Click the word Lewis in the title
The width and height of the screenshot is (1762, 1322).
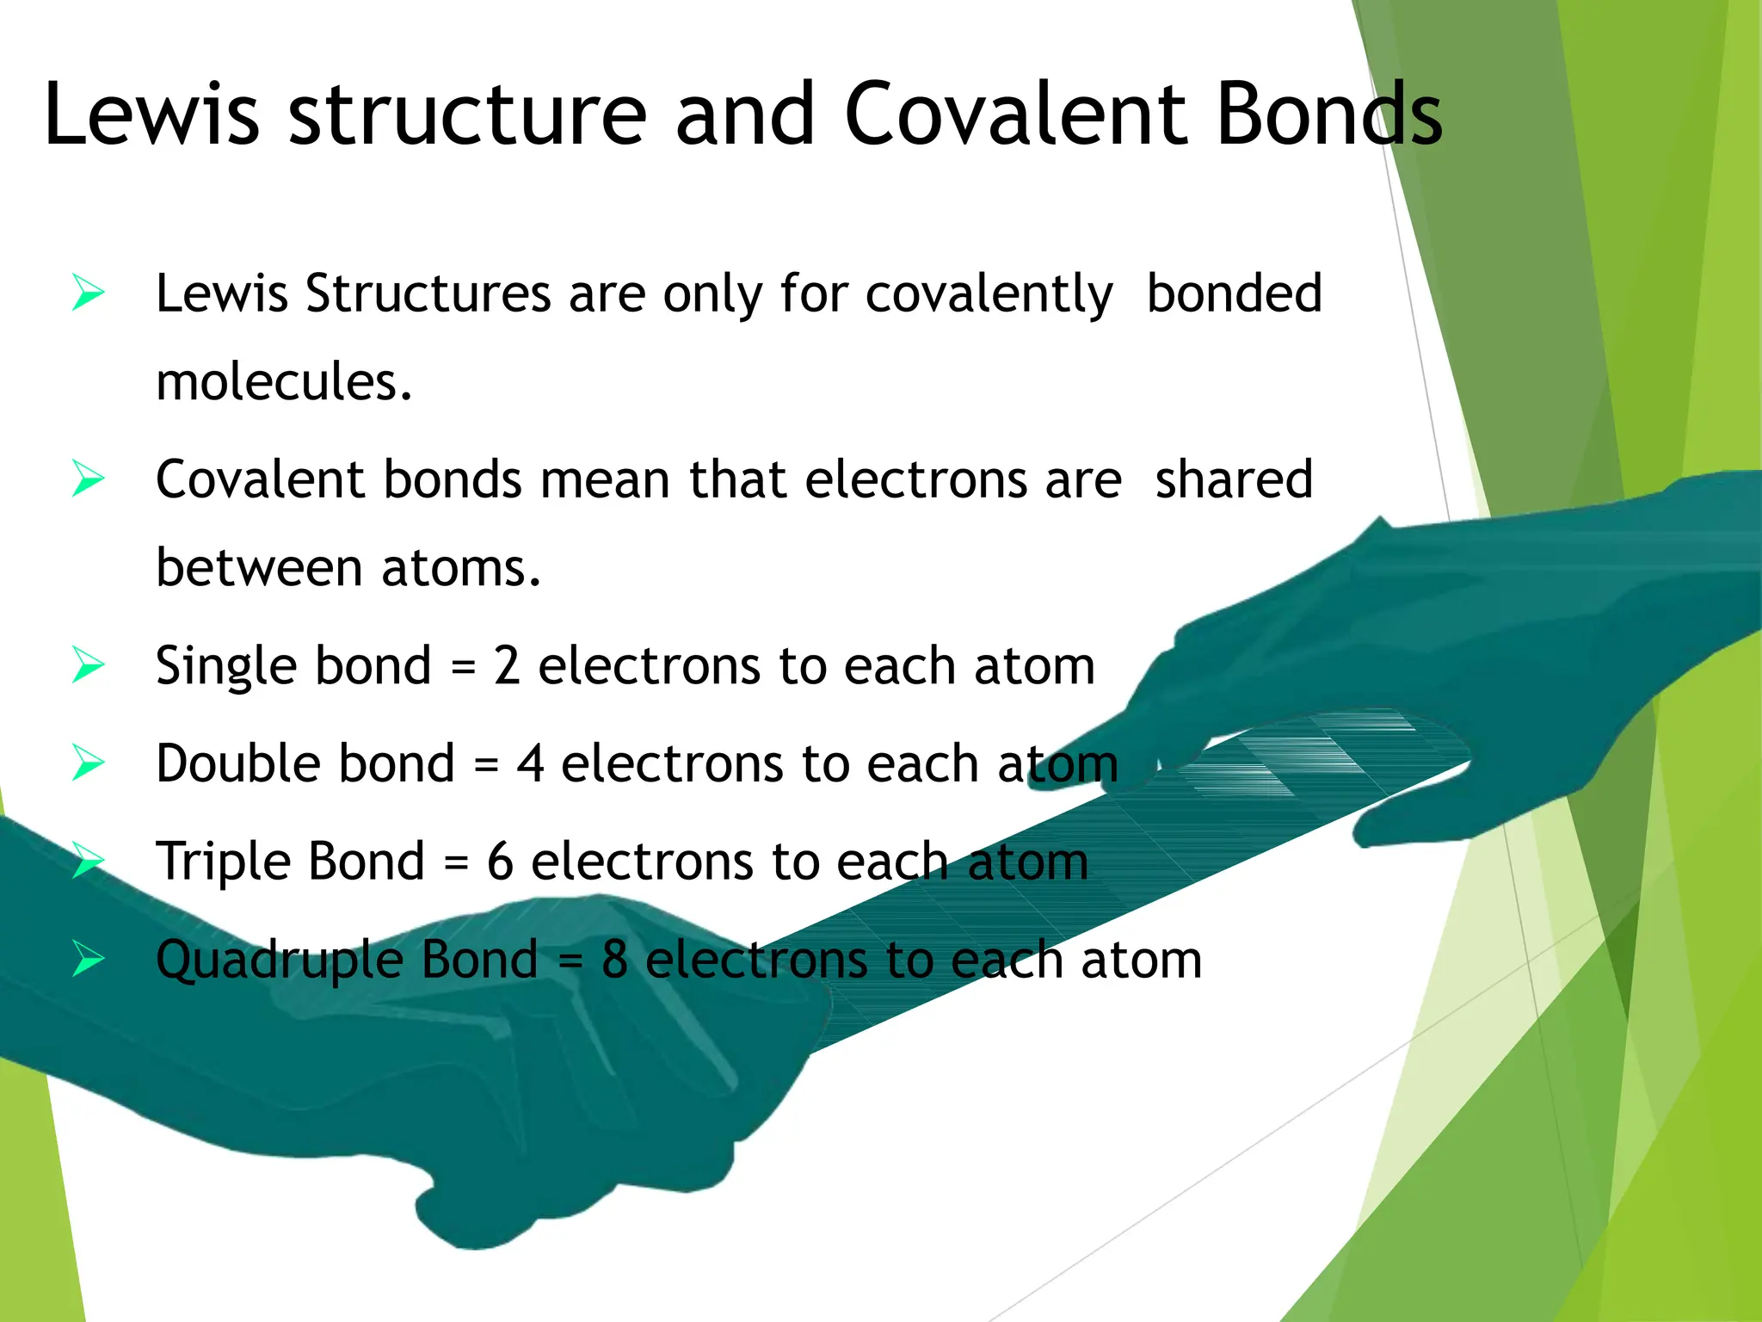(151, 114)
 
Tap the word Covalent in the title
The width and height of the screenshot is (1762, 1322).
(1016, 114)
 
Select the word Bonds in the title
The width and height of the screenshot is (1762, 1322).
(1329, 114)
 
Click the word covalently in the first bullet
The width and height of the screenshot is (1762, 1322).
(989, 295)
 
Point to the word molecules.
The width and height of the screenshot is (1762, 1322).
(284, 383)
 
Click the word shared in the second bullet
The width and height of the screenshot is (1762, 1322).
(1233, 480)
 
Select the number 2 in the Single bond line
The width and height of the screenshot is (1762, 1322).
(507, 667)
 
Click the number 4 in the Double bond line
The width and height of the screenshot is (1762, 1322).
(530, 764)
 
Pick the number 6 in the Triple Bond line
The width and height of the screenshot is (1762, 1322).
(500, 862)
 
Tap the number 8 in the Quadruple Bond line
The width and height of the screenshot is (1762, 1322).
(614, 960)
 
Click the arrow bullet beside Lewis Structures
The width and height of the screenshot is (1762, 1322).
(88, 293)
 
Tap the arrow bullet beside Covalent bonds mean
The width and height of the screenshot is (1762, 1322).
(88, 479)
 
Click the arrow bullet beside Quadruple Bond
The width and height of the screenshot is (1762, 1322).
(88, 959)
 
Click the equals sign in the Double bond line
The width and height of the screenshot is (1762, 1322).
(486, 765)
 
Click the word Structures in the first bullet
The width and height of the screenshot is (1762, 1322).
(428, 293)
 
